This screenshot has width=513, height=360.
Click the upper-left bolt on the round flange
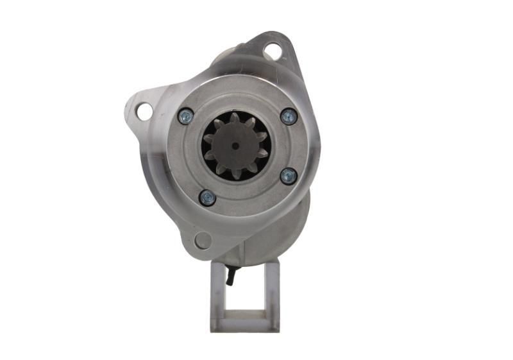coord(186,116)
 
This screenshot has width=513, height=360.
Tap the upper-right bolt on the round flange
coord(289,116)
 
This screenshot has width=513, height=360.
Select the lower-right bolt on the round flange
coord(288,176)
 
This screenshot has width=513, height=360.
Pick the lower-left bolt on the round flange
coord(207,197)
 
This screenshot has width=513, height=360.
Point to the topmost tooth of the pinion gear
coord(235,118)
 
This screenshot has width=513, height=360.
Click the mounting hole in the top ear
coord(272,49)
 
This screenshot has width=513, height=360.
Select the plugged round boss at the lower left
coord(202,241)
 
